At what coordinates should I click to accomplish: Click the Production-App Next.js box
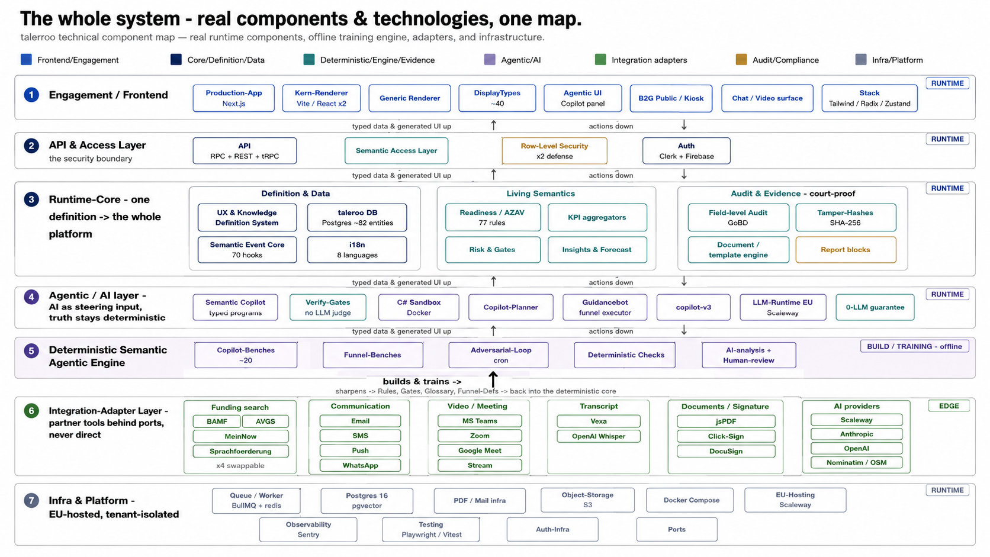click(x=233, y=98)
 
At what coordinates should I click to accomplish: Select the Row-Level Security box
click(x=554, y=150)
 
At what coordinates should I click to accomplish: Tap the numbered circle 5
click(x=31, y=351)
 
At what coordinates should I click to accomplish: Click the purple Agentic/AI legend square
click(x=490, y=60)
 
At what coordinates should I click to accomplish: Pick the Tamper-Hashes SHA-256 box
click(x=846, y=217)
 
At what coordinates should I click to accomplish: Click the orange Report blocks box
click(x=846, y=250)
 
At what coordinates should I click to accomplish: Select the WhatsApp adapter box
click(x=360, y=465)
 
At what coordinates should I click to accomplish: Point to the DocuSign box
click(x=726, y=451)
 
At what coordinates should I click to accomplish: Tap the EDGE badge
click(x=949, y=406)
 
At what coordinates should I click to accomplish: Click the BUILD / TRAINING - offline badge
click(x=914, y=346)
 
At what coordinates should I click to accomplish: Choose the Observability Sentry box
click(x=308, y=530)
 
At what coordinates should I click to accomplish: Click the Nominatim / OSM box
click(x=857, y=462)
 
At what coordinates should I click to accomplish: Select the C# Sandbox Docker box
click(x=419, y=307)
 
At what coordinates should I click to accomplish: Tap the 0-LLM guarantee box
click(x=875, y=307)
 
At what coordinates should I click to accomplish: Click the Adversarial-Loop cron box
click(x=499, y=355)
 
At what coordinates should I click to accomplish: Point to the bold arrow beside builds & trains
click(x=493, y=379)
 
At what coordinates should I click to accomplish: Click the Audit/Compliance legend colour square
click(x=741, y=60)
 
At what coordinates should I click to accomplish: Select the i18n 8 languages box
click(x=357, y=250)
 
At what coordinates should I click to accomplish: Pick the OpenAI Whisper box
click(x=599, y=436)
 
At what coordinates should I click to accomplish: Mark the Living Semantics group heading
click(x=541, y=194)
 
